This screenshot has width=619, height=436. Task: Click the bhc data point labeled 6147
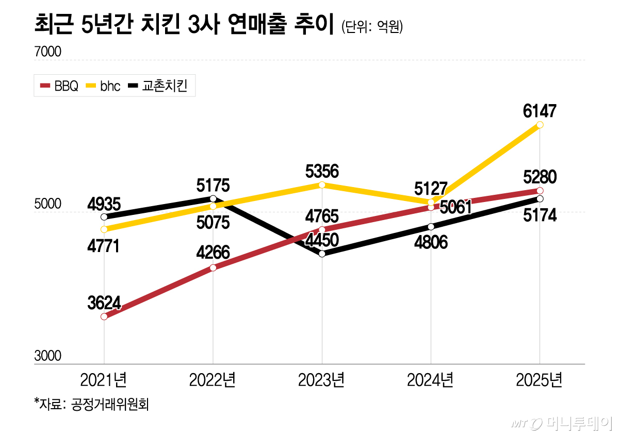(x=540, y=125)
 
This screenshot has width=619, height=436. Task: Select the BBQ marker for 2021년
(x=104, y=316)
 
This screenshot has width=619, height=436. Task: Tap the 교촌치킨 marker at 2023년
(x=322, y=254)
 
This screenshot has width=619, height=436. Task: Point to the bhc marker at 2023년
(x=322, y=185)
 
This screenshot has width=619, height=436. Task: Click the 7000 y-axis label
(x=48, y=52)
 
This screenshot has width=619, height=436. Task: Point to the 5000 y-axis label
(x=48, y=204)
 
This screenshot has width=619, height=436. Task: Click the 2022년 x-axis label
(x=213, y=380)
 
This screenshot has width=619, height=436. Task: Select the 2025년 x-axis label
(x=540, y=380)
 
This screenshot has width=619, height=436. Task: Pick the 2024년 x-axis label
(x=431, y=380)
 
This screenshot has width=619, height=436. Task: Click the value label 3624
(x=104, y=303)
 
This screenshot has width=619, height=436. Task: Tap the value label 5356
(x=322, y=171)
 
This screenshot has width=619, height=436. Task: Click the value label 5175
(x=213, y=185)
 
